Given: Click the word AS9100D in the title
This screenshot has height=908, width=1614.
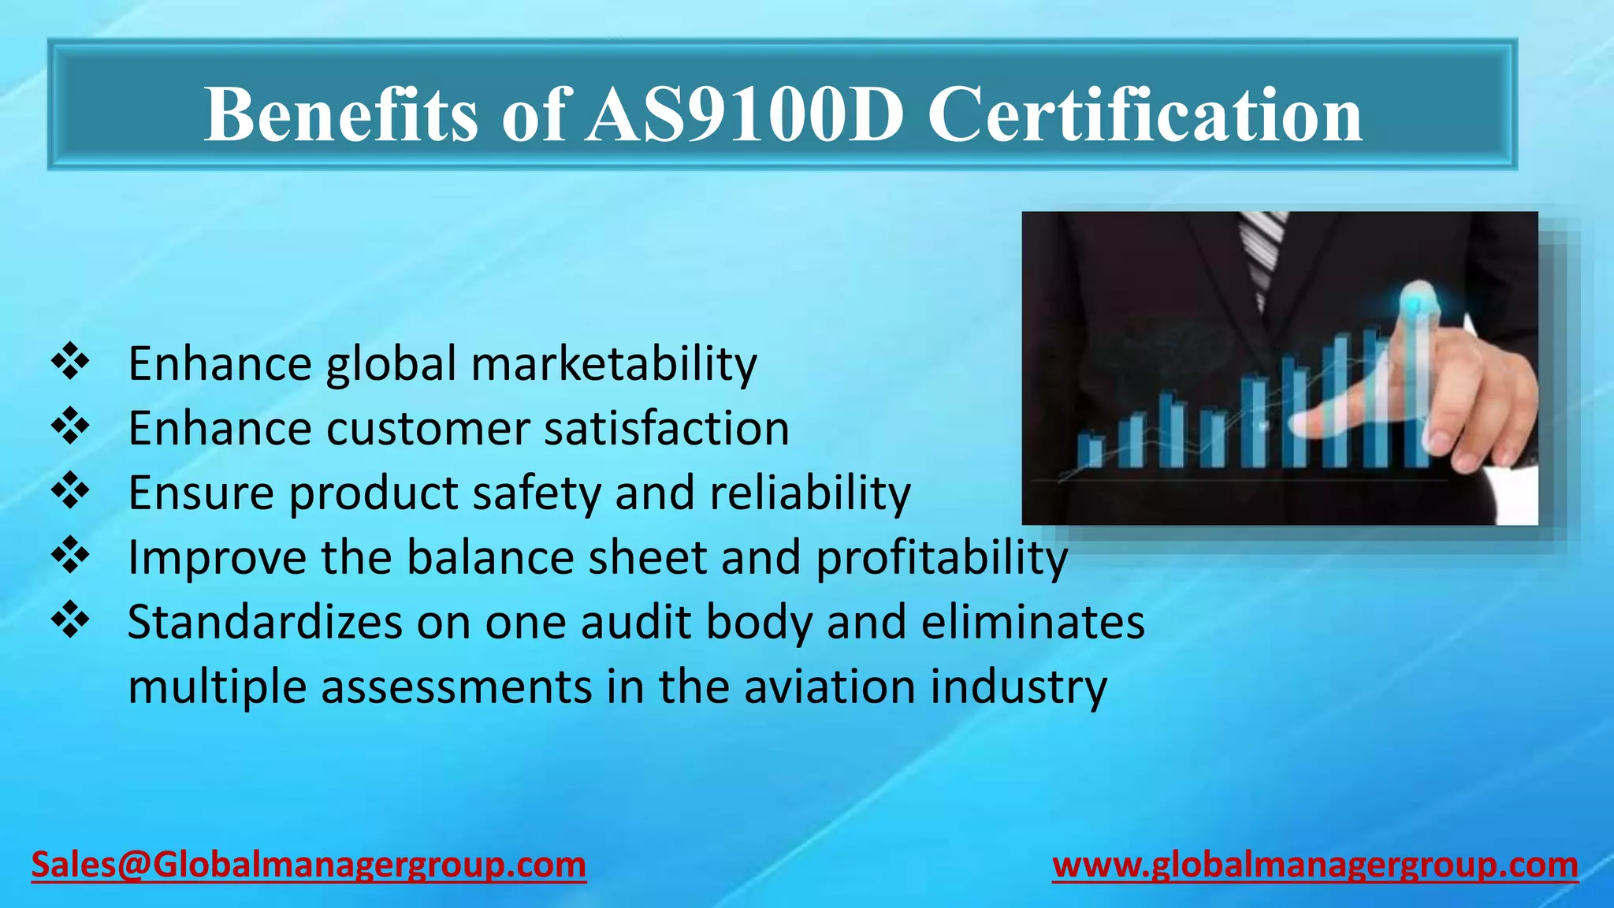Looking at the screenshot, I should click(x=744, y=115).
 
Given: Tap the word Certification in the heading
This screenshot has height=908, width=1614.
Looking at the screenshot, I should click(x=1144, y=115).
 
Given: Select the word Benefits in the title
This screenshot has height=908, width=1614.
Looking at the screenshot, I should click(x=340, y=115).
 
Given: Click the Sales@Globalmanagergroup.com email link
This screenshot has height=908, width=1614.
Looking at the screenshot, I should click(x=308, y=865).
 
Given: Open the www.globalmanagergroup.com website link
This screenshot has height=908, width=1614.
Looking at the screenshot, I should click(x=1315, y=865).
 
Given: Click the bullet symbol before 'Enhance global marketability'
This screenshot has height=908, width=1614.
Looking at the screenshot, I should click(x=70, y=362).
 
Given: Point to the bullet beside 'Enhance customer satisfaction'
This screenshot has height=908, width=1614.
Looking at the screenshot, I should click(x=70, y=426).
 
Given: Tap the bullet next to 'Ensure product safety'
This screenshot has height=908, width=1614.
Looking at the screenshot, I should click(x=70, y=491).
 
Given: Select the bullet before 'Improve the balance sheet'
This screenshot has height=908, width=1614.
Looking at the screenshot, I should click(x=70, y=556).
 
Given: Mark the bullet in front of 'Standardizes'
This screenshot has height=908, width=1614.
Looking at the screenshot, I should click(x=70, y=620).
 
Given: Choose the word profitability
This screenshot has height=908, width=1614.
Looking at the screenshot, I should click(x=942, y=558).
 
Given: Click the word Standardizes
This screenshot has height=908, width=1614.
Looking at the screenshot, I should click(x=265, y=623).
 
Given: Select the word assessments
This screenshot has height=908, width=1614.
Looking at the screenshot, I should click(x=456, y=687).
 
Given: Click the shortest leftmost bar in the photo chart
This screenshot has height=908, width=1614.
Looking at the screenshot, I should click(x=1091, y=450).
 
